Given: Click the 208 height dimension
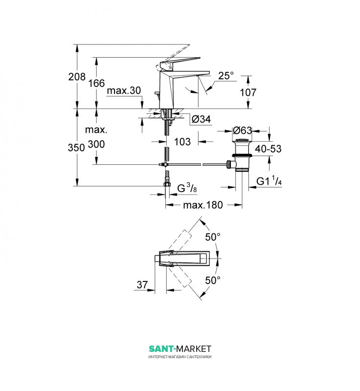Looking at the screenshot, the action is coord(77,77).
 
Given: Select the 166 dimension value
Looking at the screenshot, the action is coord(96,83).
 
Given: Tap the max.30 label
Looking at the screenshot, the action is coord(124,90).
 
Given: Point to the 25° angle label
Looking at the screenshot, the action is coord(226,76).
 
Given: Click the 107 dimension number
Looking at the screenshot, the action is coord(248,92).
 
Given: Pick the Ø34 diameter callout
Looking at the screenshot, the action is coord(202,119).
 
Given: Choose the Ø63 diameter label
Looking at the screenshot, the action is coord(242,130).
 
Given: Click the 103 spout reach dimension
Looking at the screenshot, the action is coord(182,142).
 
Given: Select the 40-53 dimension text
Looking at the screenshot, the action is coord(268,149).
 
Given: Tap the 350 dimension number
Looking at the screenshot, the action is coord(76,148).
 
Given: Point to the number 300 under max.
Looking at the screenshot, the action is coord(96,144).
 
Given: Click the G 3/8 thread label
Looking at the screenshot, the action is coord(187,188).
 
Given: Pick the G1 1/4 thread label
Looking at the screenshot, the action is coord(269,180).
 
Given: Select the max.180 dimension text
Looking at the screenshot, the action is coord(203,205).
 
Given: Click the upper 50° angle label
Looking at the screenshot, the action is coord(213,237).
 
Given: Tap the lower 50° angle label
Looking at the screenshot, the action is coord(213,280).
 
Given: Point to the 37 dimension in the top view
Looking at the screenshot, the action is coord(142,285).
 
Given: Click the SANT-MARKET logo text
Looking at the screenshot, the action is coord(180,348).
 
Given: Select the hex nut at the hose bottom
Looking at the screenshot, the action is coord(167,185).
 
